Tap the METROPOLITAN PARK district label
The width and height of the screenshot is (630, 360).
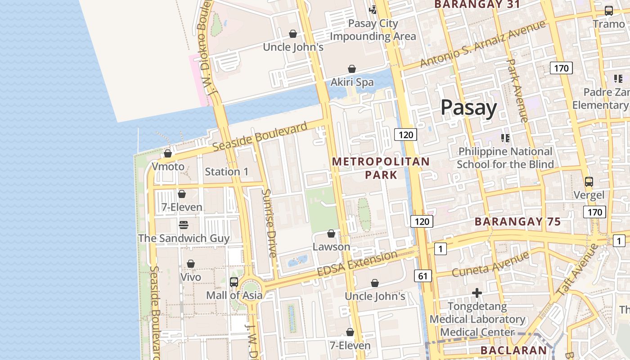click(x=381, y=168)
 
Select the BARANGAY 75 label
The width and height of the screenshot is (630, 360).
click(x=517, y=221)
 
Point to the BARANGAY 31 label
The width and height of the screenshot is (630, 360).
click(x=477, y=4)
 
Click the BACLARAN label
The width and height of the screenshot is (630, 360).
click(x=513, y=350)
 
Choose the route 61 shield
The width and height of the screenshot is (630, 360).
click(x=423, y=276)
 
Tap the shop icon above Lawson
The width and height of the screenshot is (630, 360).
click(x=331, y=234)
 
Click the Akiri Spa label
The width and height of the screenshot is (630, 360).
click(x=352, y=82)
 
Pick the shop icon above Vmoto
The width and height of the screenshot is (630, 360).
click(x=168, y=153)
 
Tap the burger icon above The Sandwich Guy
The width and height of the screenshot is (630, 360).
click(x=183, y=225)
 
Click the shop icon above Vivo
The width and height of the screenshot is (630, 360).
click(x=191, y=263)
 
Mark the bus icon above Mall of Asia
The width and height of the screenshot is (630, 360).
click(x=234, y=282)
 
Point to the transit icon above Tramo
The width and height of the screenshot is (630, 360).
click(x=608, y=10)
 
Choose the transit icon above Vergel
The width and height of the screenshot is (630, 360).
click(x=589, y=182)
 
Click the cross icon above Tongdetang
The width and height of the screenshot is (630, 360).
click(x=477, y=293)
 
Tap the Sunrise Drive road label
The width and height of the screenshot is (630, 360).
click(x=269, y=223)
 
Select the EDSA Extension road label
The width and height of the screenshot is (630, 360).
click(x=357, y=265)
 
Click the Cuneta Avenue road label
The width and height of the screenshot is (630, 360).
click(x=490, y=265)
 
